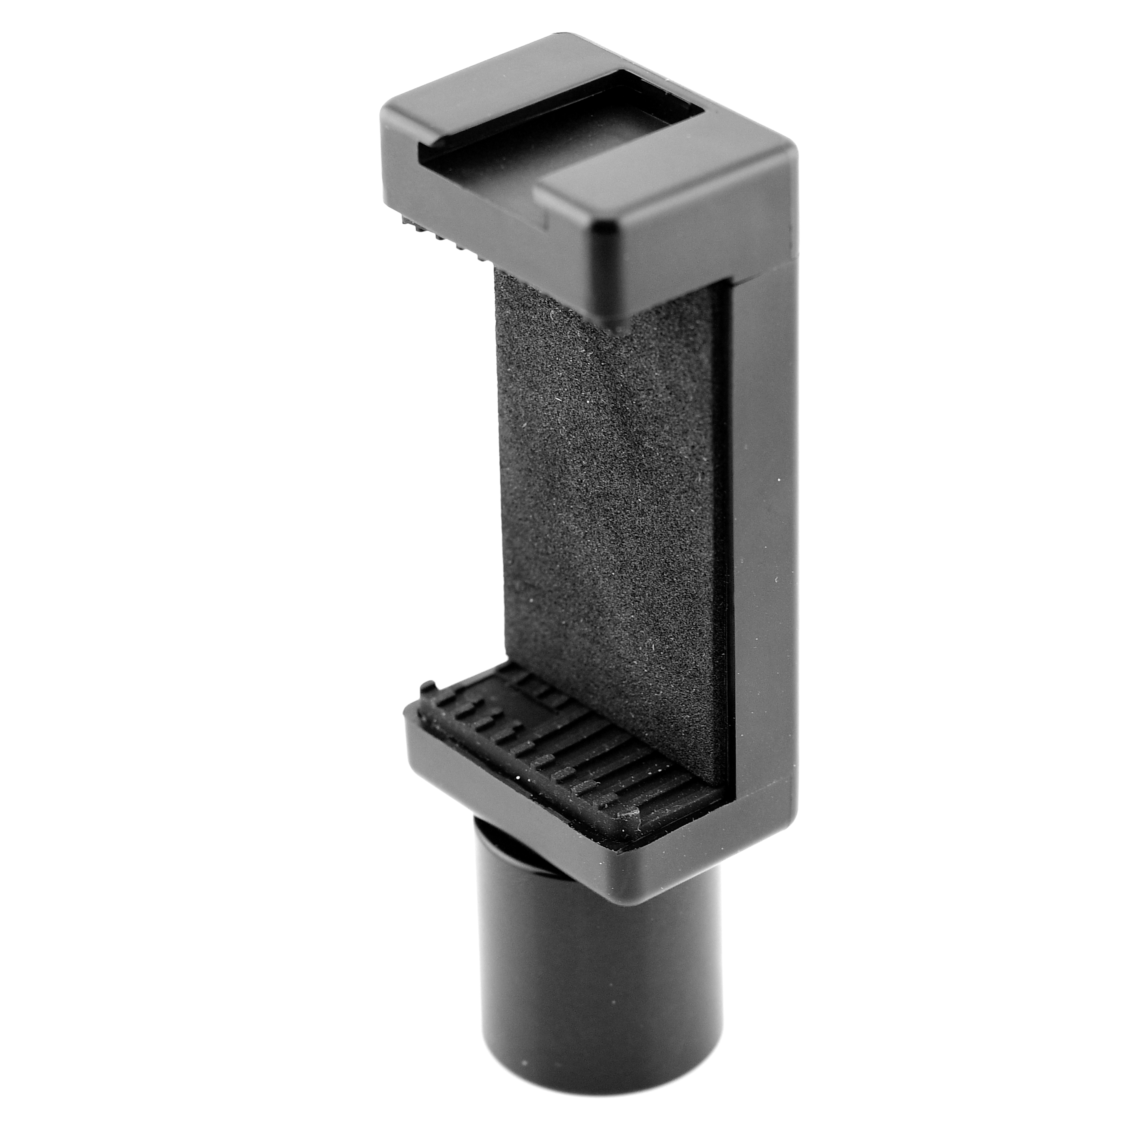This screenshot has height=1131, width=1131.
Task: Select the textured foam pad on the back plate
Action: click(x=609, y=498)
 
